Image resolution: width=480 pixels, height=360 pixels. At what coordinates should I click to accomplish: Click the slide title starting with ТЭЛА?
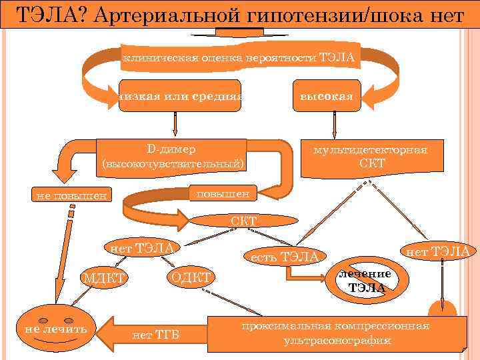click(x=239, y=14)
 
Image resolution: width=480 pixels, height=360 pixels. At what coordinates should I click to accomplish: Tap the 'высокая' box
click(x=326, y=96)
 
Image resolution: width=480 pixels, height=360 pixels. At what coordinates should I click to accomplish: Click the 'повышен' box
click(x=221, y=193)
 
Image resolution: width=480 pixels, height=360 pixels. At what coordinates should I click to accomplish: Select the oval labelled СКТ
click(x=243, y=221)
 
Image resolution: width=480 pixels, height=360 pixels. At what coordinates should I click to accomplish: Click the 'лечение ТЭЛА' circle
click(x=366, y=281)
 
